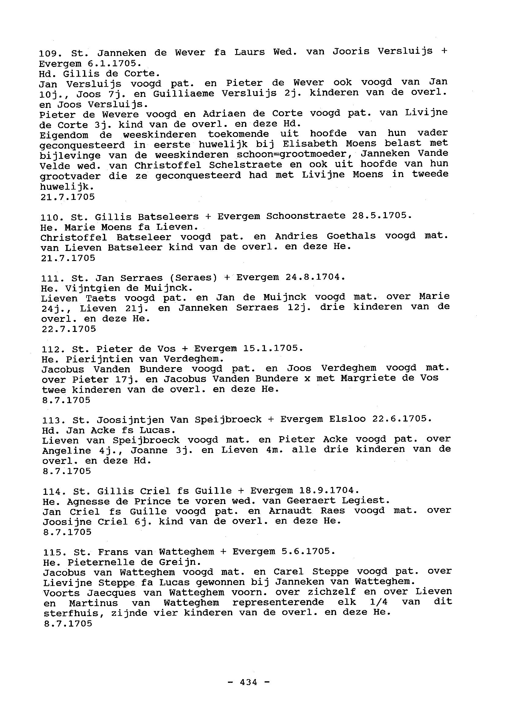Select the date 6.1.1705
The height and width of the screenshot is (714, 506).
click(114, 64)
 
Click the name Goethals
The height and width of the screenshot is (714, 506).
click(351, 236)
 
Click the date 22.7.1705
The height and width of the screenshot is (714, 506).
click(69, 329)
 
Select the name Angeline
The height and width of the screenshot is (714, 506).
click(67, 451)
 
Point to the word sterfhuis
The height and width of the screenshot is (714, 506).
click(67, 613)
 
